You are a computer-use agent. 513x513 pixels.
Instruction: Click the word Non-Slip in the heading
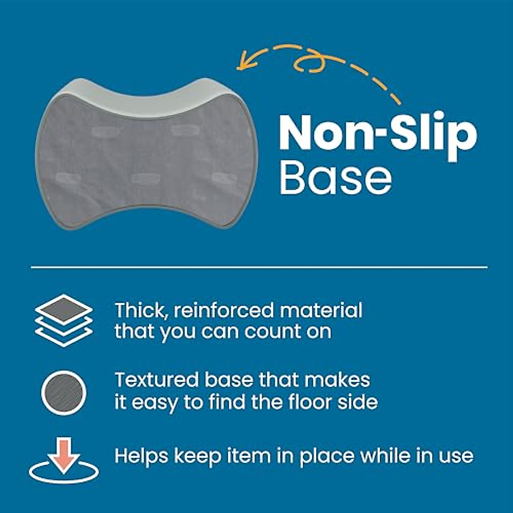378,133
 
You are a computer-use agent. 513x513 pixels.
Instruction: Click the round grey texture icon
64,392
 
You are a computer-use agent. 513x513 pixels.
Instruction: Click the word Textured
156,380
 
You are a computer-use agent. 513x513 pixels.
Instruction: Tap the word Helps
141,456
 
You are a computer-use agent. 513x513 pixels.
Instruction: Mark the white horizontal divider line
259,267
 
